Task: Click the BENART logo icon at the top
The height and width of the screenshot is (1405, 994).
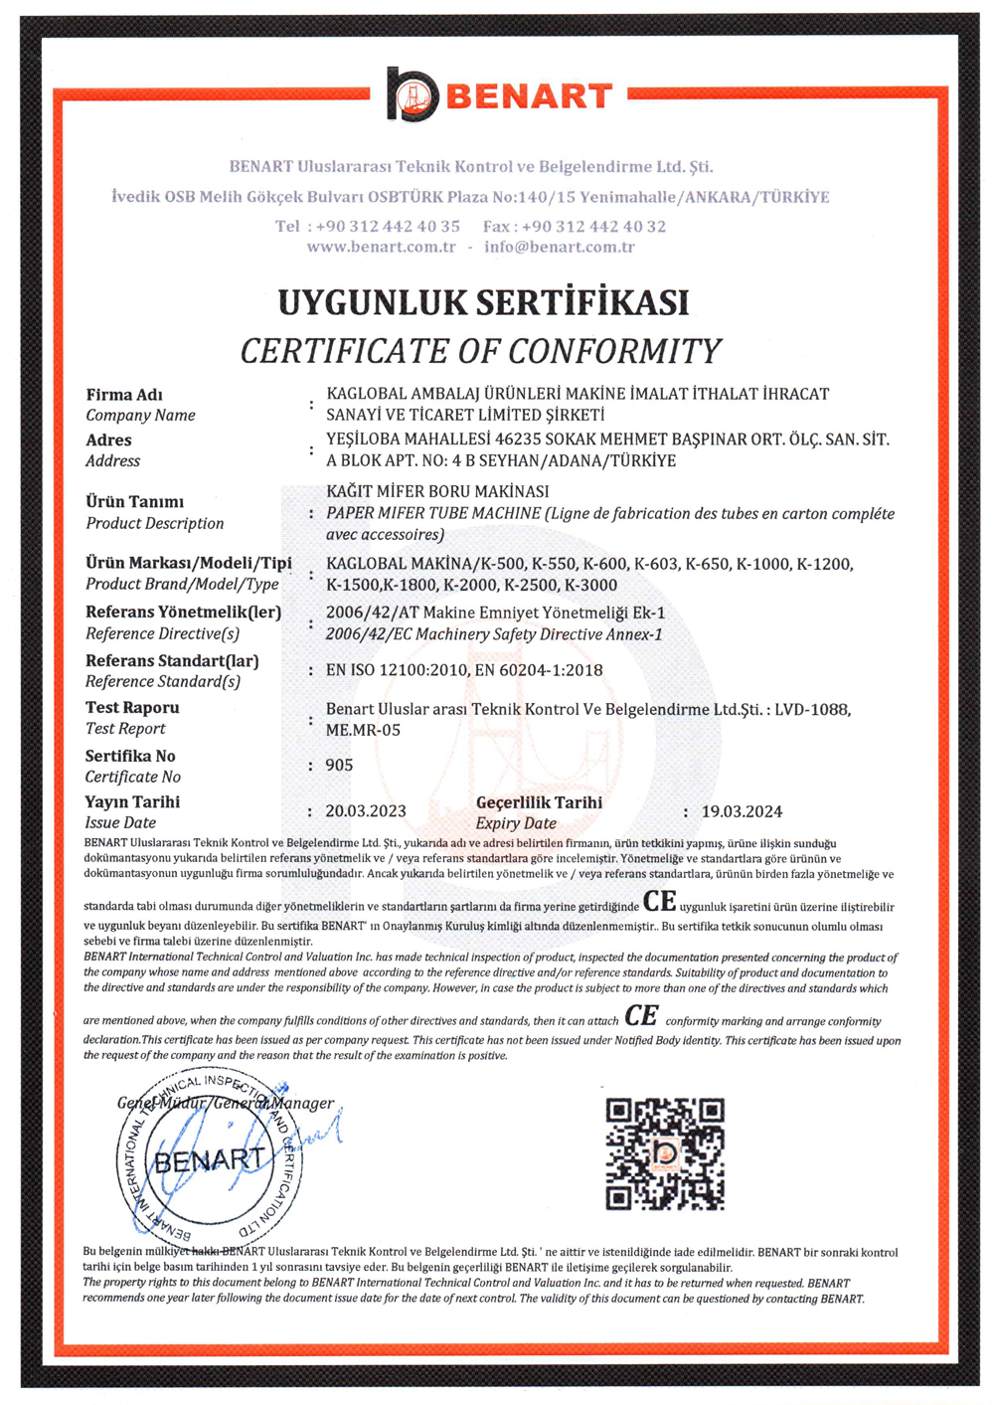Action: [x=413, y=95]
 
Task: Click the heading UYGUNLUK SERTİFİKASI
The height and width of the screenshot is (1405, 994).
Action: [x=483, y=302]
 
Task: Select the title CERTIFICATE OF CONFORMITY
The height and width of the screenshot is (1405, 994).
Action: [x=481, y=351]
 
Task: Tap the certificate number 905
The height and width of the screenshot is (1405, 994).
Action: [x=339, y=765]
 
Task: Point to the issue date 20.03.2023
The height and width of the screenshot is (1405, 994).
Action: [x=366, y=811]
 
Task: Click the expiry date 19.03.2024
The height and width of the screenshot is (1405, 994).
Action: [x=742, y=811]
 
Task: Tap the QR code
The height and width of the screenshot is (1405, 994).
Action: [x=665, y=1153]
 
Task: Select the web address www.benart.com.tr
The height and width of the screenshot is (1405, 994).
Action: [x=381, y=247]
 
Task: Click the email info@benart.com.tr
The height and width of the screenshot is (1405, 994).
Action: [x=560, y=247]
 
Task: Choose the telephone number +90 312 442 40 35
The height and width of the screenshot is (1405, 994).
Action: [x=388, y=226]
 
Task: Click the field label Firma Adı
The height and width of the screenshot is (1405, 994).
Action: [x=124, y=395]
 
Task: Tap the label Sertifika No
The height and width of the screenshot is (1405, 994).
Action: [x=130, y=756]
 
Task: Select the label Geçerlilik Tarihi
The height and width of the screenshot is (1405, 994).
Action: [x=539, y=802]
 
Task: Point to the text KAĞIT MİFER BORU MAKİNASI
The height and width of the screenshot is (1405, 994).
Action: [x=437, y=491]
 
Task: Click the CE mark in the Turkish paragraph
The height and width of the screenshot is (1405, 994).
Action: [x=660, y=902]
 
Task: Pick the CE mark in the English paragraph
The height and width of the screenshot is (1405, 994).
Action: [x=641, y=1016]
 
